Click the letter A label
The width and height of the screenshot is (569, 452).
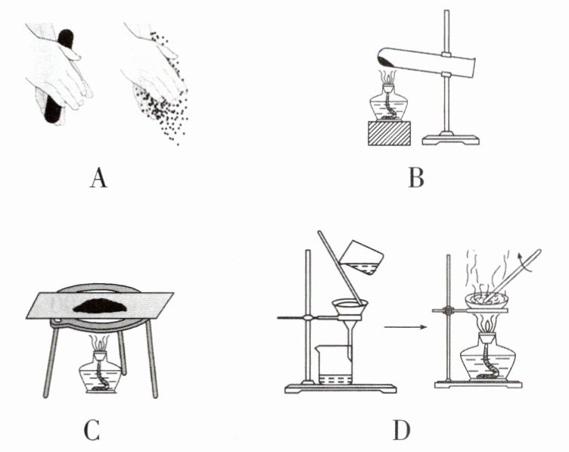pyautogui.click(x=96, y=179)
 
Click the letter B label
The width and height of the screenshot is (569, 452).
pyautogui.click(x=415, y=179)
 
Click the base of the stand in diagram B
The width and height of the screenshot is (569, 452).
pyautogui.click(x=450, y=139)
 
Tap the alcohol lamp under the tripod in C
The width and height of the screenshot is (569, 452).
pyautogui.click(x=99, y=372)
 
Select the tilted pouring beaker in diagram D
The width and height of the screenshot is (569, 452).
pyautogui.click(x=362, y=257)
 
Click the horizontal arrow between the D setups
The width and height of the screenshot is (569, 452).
pyautogui.click(x=404, y=327)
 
